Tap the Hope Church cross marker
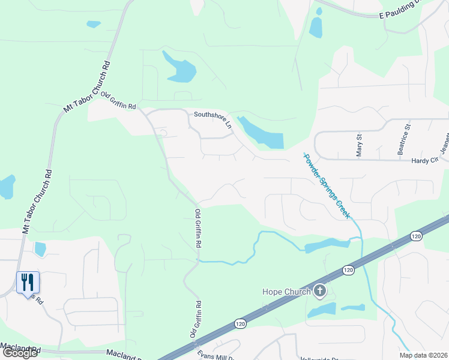(x=320, y=292)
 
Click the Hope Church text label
(x=286, y=292)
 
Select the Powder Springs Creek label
(x=327, y=186)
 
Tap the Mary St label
(x=360, y=145)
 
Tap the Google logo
(x=20, y=352)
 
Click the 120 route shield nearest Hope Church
(x=348, y=270)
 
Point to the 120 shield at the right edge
(x=417, y=236)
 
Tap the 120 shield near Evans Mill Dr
(x=241, y=323)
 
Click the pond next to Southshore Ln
(x=262, y=134)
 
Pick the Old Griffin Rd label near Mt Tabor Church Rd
(x=119, y=101)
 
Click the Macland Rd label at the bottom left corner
(x=20, y=347)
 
